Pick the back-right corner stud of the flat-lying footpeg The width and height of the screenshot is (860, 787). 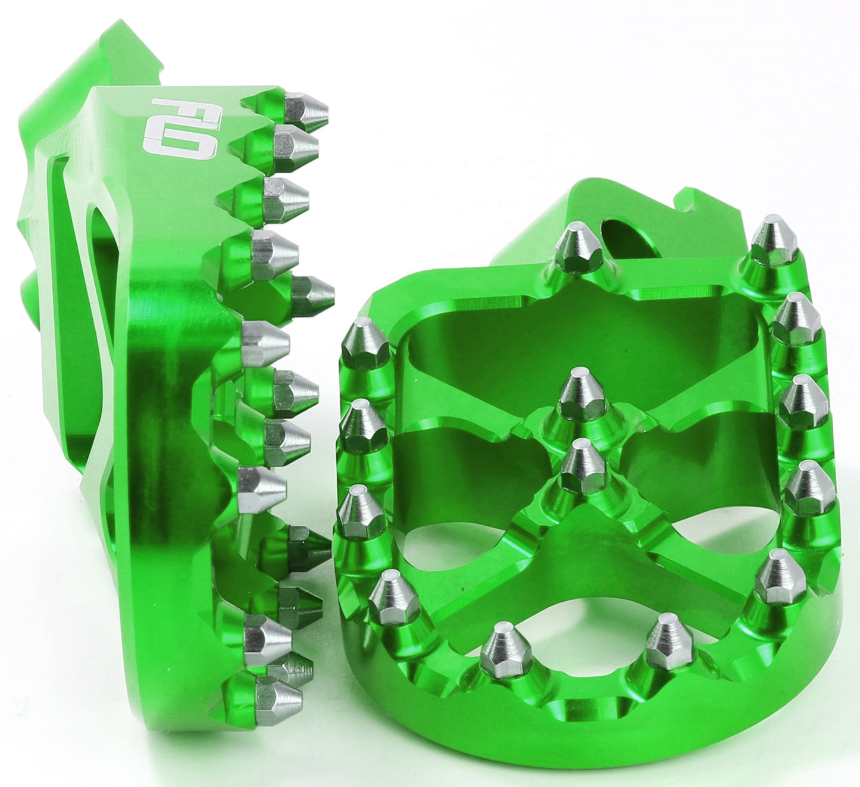[x=774, y=241]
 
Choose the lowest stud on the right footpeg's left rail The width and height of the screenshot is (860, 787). [x=392, y=595]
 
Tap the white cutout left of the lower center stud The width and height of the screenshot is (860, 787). [x=452, y=536]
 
